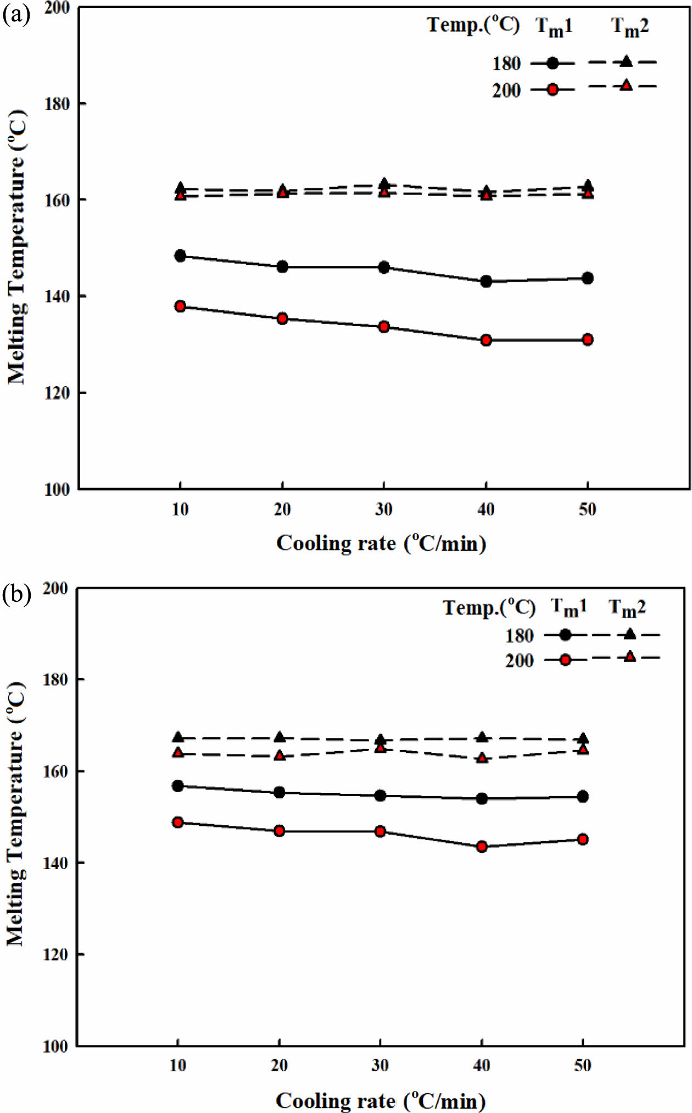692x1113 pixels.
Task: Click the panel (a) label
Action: (x=16, y=14)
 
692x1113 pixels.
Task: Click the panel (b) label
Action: (x=16, y=594)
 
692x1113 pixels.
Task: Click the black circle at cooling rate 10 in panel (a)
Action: (x=180, y=255)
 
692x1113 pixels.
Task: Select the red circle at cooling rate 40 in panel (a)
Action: (x=485, y=340)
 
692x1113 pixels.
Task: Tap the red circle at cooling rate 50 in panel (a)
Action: (x=588, y=339)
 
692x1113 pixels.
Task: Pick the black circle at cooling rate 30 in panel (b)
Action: (x=380, y=796)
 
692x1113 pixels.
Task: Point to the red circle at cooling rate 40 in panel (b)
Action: (x=482, y=846)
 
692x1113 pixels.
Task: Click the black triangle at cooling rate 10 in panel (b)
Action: (x=178, y=737)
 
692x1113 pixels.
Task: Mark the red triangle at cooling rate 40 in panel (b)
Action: (x=482, y=758)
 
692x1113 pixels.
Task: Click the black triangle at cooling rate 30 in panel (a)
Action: (x=384, y=183)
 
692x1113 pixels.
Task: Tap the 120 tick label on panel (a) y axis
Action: (x=57, y=393)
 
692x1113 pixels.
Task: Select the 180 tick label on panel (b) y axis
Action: (x=55, y=679)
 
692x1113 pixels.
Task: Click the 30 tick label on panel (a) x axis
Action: (x=384, y=510)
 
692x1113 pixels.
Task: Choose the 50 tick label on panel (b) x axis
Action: (x=583, y=1065)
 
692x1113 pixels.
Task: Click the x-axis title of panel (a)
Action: (x=381, y=543)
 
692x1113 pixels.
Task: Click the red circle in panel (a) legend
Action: (x=553, y=90)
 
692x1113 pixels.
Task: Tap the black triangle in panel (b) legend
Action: (x=630, y=634)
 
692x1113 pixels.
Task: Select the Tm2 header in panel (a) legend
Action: (x=630, y=26)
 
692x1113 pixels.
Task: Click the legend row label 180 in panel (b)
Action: (x=519, y=636)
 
